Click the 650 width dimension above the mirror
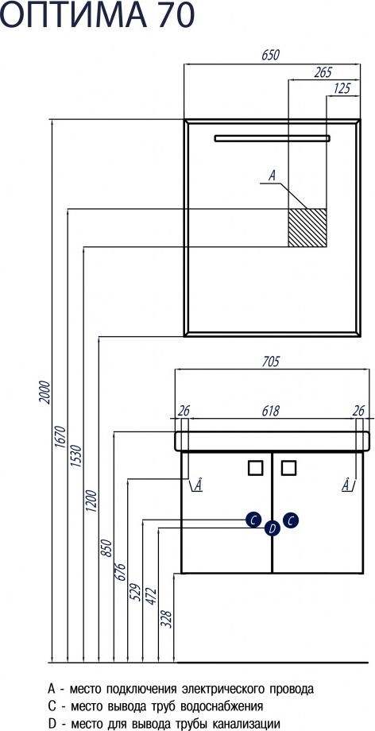pyautogui.click(x=270, y=55)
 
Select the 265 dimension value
pyautogui.click(x=323, y=72)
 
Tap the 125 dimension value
pyautogui.click(x=342, y=88)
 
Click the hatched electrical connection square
pyautogui.click(x=307, y=227)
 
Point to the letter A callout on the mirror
pyautogui.click(x=273, y=176)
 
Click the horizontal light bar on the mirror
pyautogui.click(x=273, y=138)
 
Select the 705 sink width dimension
pyautogui.click(x=270, y=362)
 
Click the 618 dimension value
pyautogui.click(x=270, y=411)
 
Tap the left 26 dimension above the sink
pyautogui.click(x=184, y=411)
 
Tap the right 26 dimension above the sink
pyautogui.click(x=358, y=411)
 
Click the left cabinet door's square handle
pyautogui.click(x=256, y=467)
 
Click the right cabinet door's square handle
pyautogui.click(x=288, y=467)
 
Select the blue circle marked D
pyautogui.click(x=273, y=528)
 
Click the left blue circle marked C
pyautogui.click(x=253, y=520)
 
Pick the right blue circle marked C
pyautogui.click(x=291, y=520)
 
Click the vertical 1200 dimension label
pyautogui.click(x=92, y=501)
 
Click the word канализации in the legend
pyautogui.click(x=246, y=724)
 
